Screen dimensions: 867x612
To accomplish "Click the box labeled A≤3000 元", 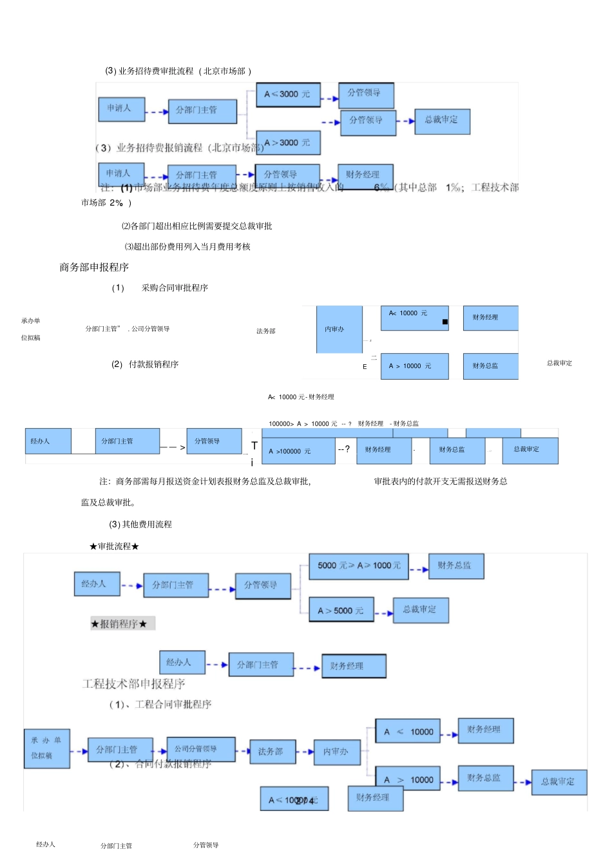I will [x=288, y=94].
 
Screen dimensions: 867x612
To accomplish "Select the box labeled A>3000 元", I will [x=288, y=142].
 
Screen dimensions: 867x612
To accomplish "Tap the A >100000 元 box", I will [x=298, y=451].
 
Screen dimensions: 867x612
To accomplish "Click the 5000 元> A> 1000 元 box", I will [x=359, y=566].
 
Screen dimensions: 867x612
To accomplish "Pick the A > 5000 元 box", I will [x=341, y=610].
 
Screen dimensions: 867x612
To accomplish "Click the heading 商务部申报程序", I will [x=94, y=267].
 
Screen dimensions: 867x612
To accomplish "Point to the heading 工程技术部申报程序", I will [x=133, y=684].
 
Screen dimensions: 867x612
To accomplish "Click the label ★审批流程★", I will [x=114, y=546].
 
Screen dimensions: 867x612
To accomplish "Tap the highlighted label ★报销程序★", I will [x=122, y=623].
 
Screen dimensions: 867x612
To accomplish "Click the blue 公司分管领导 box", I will [x=200, y=749].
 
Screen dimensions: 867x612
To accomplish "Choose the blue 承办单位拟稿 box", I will [x=46, y=748].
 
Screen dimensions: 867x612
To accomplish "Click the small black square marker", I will [x=445, y=322].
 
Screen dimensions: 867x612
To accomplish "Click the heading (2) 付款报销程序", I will [x=145, y=364].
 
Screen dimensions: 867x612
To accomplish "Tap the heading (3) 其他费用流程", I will [x=140, y=524].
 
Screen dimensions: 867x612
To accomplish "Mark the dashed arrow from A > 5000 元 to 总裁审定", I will [x=384, y=613].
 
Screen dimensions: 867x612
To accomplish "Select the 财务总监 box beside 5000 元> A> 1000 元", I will [x=456, y=566].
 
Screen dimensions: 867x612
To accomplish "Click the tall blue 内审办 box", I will [x=339, y=329].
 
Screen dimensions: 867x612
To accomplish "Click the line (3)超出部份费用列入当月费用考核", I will [x=187, y=246].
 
